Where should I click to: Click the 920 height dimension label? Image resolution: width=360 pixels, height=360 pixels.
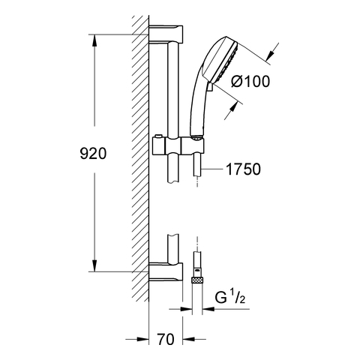pos(93,154)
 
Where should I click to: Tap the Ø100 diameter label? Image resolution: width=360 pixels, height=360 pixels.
pos(250,81)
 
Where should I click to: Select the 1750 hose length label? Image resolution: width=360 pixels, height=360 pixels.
pos(243,169)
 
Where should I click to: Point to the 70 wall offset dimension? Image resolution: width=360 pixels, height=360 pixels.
pos(166,340)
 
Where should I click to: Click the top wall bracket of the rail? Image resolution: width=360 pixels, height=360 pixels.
pos(166,34)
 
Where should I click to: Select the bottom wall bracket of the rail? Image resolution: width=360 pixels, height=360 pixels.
pos(166,271)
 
